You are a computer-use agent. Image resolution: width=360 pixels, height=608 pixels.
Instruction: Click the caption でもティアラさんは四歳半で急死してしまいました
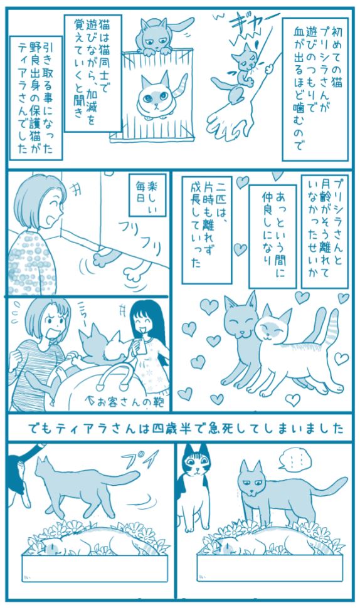pyautogui.click(x=186, y=429)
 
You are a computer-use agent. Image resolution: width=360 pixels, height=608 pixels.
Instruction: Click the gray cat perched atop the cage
pyautogui.click(x=160, y=37)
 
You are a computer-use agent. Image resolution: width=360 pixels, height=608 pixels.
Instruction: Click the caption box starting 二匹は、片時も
pyautogui.click(x=207, y=229)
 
